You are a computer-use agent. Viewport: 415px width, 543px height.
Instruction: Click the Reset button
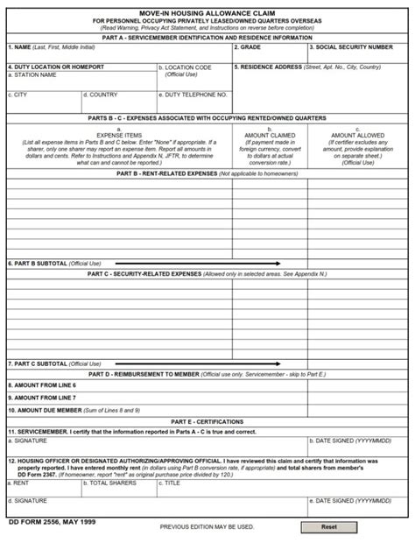(328, 527)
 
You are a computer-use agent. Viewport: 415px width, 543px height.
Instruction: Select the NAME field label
(20, 47)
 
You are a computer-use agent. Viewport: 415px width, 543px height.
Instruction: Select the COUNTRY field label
(102, 95)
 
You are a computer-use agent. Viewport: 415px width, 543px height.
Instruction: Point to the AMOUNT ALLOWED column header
(358, 136)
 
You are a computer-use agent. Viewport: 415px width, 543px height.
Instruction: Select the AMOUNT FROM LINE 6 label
(44, 384)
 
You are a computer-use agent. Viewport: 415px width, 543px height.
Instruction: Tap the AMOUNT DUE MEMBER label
(47, 409)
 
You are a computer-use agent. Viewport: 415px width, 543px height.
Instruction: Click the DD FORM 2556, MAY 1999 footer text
(51, 521)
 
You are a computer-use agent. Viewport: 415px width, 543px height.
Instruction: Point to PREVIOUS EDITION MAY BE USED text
(207, 527)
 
